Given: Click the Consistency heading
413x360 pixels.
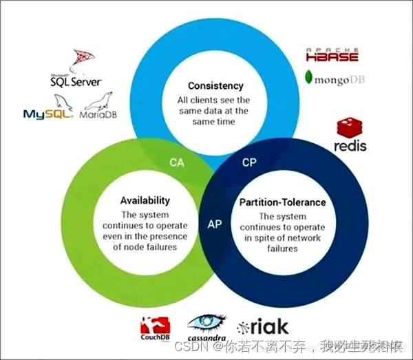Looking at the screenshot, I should pyautogui.click(x=215, y=86).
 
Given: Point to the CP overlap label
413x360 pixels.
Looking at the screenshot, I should pyautogui.click(x=250, y=163).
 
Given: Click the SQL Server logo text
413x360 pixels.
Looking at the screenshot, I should pyautogui.click(x=76, y=81).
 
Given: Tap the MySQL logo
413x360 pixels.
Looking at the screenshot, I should pyautogui.click(x=47, y=114).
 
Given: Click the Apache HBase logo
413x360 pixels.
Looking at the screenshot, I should pyautogui.click(x=333, y=55).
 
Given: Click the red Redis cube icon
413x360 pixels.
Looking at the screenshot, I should pyautogui.click(x=350, y=128).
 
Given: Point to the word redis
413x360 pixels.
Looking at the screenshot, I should pyautogui.click(x=350, y=146).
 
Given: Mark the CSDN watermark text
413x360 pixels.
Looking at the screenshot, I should pyautogui.click(x=188, y=346).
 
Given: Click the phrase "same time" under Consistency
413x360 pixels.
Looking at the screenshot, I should pyautogui.click(x=215, y=122).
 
